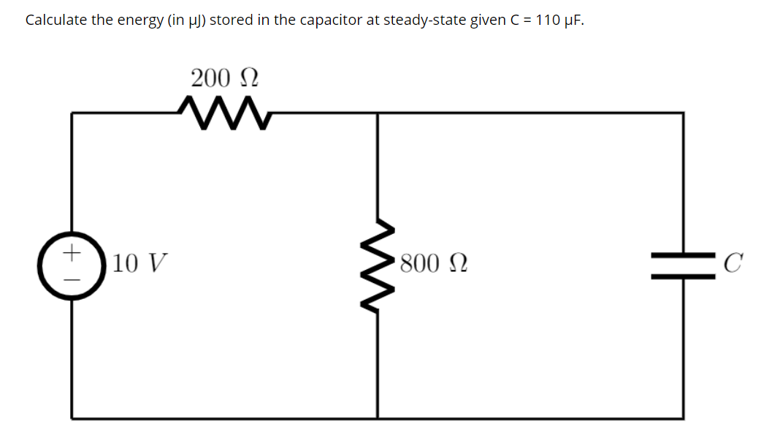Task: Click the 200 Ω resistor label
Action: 224,78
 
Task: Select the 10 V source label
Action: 139,262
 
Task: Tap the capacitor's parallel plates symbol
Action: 684,261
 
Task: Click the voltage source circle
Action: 72,265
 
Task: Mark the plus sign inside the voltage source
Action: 72,253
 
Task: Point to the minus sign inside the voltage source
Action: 72,279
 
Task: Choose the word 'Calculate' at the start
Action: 56,20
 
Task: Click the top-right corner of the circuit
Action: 684,113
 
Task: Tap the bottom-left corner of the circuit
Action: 72,418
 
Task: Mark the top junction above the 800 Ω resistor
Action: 378,113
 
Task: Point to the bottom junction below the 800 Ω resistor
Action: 378,418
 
